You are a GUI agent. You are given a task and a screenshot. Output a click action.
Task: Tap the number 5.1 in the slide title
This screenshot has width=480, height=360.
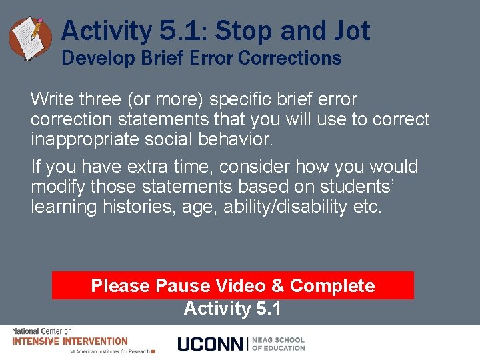(181, 31)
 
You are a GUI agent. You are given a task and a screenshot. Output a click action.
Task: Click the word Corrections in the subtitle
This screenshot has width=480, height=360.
(289, 58)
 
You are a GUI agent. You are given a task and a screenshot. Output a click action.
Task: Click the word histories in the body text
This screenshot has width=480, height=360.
(144, 207)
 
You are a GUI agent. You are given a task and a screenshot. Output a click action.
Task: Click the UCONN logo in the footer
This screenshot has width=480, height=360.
(211, 344)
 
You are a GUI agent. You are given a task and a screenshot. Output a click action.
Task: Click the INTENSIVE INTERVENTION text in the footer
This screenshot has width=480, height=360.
(70, 341)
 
